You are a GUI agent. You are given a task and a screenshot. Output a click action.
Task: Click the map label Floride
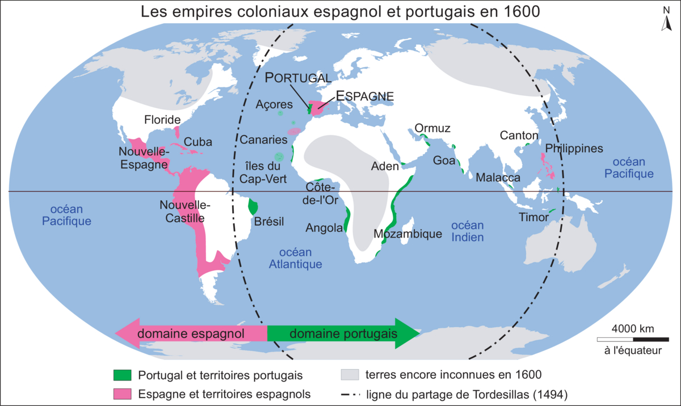pyautogui.click(x=162, y=120)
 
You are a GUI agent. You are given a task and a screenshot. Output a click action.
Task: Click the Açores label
pyautogui.click(x=274, y=105)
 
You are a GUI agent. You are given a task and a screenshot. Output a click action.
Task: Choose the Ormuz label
pyautogui.click(x=432, y=129)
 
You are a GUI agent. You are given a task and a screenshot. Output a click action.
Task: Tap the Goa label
pyautogui.click(x=444, y=160)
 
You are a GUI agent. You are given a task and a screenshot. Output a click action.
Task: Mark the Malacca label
pyautogui.click(x=498, y=178)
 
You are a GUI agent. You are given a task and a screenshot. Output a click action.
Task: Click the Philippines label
pyautogui.click(x=573, y=149)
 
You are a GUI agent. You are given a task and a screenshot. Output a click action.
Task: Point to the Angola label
pyautogui.click(x=324, y=228)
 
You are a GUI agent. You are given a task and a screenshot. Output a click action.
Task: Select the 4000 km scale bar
pyautogui.click(x=633, y=339)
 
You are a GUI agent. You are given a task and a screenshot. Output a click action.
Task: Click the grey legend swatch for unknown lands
pyautogui.click(x=350, y=375)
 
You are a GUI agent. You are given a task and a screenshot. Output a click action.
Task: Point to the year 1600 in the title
pyautogui.click(x=523, y=12)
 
